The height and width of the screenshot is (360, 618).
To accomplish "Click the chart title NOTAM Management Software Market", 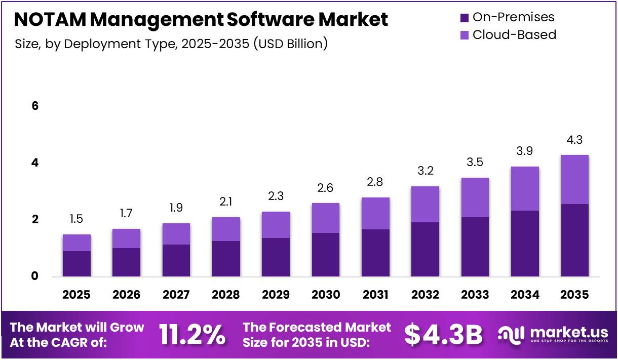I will pyautogui.click(x=201, y=20).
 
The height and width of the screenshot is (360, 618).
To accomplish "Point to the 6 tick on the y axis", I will pyautogui.click(x=35, y=106).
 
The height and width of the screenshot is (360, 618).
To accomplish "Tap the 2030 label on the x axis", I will pyautogui.click(x=326, y=295).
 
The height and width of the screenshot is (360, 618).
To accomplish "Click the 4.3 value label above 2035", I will pyautogui.click(x=574, y=140).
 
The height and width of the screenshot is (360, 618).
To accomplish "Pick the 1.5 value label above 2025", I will pyautogui.click(x=77, y=219).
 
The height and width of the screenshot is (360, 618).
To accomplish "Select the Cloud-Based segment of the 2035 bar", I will pyautogui.click(x=574, y=179).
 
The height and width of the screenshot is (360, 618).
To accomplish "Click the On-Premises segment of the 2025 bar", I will pyautogui.click(x=77, y=264).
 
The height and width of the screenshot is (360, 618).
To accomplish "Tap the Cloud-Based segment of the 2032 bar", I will pyautogui.click(x=425, y=204).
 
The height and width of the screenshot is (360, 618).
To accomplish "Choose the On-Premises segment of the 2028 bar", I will pyautogui.click(x=226, y=259).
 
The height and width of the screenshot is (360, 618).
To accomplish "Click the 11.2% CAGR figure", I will pyautogui.click(x=192, y=334).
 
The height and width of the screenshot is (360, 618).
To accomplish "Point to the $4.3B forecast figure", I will pyautogui.click(x=443, y=334).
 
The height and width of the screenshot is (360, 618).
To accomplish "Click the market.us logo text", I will pyautogui.click(x=568, y=332).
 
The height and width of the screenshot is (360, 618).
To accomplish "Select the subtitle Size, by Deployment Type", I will pyautogui.click(x=171, y=44).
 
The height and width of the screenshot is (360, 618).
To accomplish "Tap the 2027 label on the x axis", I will pyautogui.click(x=176, y=295).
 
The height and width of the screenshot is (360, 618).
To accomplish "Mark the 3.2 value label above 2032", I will pyautogui.click(x=425, y=171).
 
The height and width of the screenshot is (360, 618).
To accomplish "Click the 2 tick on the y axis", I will pyautogui.click(x=35, y=220).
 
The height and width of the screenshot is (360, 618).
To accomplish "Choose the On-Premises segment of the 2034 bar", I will pyautogui.click(x=525, y=244).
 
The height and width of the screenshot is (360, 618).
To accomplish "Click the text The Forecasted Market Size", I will pyautogui.click(x=317, y=334).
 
